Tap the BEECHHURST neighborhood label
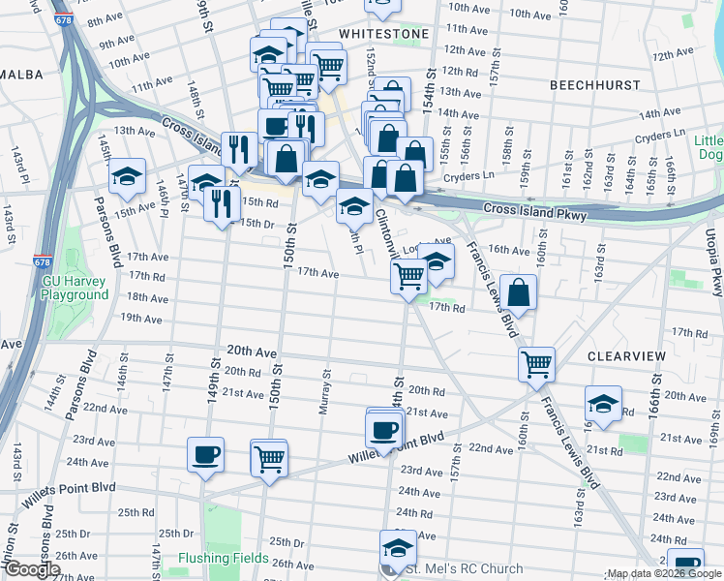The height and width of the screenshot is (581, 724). (594, 85)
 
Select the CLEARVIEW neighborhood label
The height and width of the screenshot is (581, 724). (626, 356)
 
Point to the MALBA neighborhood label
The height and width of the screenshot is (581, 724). (17, 73)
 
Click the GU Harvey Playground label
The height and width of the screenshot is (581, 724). (75, 288)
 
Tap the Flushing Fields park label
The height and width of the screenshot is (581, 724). (224, 558)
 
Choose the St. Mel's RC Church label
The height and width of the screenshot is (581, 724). (453, 569)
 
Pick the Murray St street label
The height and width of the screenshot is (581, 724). (327, 391)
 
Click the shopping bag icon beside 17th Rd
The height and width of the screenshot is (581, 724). (519, 291)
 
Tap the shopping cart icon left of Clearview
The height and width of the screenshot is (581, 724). (536, 365)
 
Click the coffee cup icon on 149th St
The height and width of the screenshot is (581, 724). (205, 454)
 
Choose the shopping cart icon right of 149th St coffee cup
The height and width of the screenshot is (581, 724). (268, 457)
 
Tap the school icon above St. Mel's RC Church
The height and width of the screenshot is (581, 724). (398, 546)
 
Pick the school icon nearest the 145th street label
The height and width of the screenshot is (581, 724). (127, 176)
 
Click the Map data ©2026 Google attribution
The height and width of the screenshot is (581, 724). (664, 573)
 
